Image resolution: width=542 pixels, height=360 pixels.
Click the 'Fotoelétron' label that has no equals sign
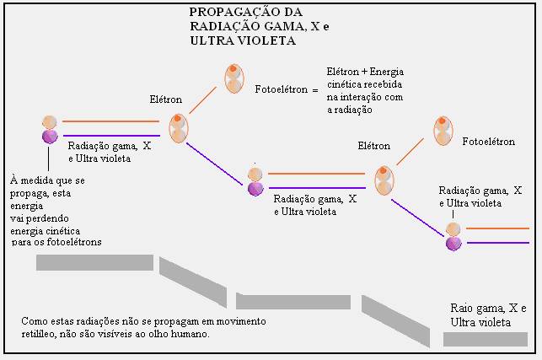pyautogui.click(x=487, y=142)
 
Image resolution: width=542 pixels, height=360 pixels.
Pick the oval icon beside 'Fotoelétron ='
pyautogui.click(x=234, y=78)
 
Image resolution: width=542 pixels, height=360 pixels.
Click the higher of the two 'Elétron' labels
pyautogui.click(x=165, y=99)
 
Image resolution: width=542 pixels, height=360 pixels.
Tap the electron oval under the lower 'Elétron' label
pyautogui.click(x=384, y=179)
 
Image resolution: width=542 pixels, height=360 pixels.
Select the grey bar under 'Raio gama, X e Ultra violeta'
pyautogui.click(x=486, y=339)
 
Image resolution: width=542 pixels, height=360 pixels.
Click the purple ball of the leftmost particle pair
pyautogui.click(x=50, y=136)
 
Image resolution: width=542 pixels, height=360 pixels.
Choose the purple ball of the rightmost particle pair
pyautogui.click(x=453, y=243)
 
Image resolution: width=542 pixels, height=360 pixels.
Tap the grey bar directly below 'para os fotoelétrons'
pyautogui.click(x=94, y=262)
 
